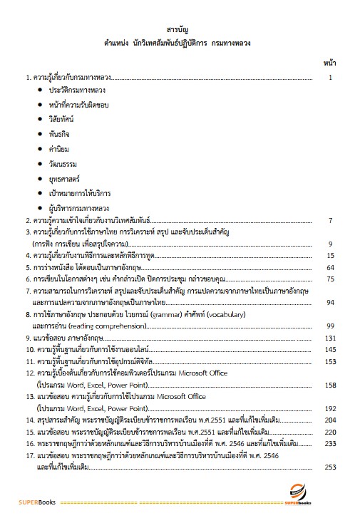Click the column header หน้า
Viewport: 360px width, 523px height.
pos(329,63)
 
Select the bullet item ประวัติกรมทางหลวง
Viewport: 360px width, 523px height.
pos(76,92)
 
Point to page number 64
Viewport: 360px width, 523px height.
pos(330,267)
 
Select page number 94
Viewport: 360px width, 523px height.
pos(330,302)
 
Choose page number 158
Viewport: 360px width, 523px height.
pos(329,384)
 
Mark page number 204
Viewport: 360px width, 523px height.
pos(329,420)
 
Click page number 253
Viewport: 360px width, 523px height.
pos(329,467)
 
